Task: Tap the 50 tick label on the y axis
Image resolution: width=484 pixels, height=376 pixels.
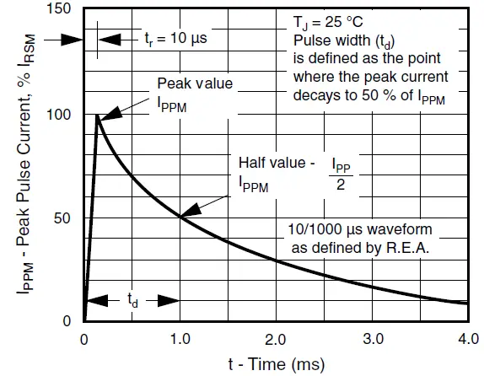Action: point(65,218)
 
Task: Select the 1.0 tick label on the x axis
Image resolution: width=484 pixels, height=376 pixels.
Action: point(180,340)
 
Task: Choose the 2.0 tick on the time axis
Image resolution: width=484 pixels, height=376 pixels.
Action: point(276,340)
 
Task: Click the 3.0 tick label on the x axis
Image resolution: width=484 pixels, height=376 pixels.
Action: point(372,340)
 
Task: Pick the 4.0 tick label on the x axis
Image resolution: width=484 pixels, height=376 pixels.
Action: point(466,340)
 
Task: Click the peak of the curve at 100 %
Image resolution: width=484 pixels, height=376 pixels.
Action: point(97,115)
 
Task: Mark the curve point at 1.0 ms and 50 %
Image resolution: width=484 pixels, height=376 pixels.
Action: point(180,218)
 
